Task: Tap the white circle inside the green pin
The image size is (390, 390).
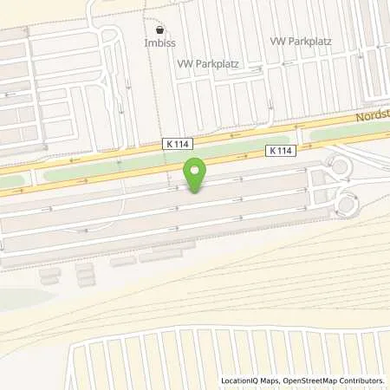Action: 196,170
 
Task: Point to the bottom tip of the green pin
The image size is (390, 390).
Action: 196,192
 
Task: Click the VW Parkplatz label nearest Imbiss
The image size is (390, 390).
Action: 209,64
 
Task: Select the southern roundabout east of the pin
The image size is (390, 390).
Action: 348,204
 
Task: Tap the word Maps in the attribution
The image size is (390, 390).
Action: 270,380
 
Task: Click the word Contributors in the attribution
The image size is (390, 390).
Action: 362,380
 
